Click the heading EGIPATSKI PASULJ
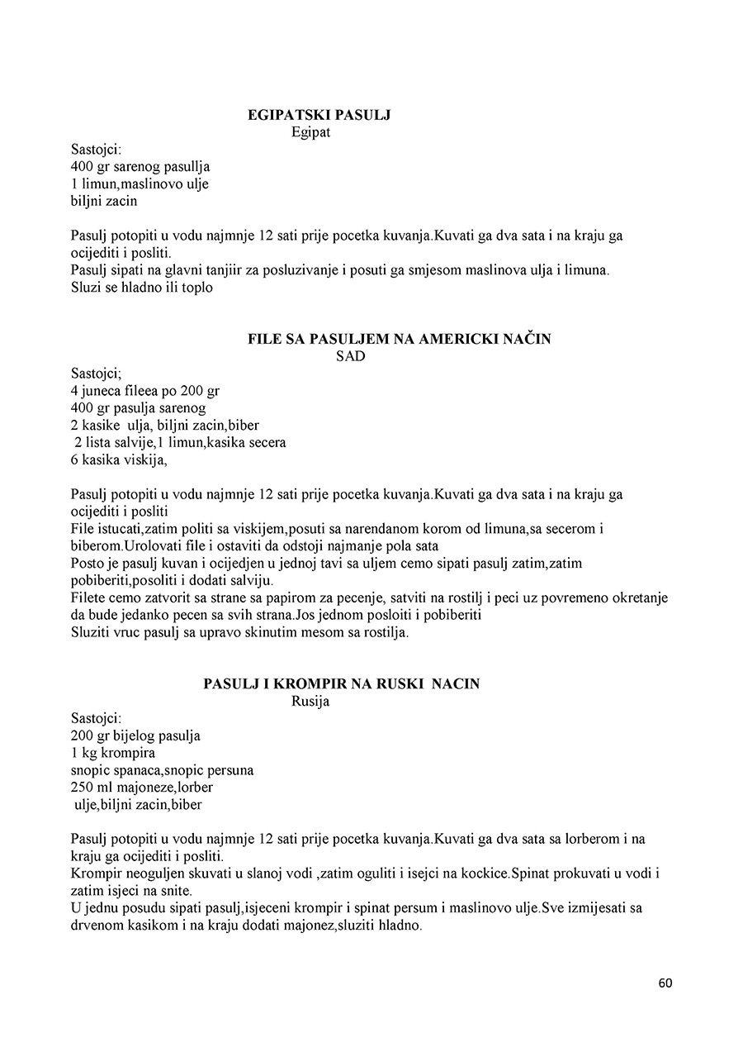coord(319,115)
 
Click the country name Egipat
coord(310,131)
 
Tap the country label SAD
coord(350,356)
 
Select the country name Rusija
coord(310,702)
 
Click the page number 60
coord(666,983)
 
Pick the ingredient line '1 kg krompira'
coord(113,753)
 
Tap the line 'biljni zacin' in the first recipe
coord(104,200)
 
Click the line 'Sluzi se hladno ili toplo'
coord(142,288)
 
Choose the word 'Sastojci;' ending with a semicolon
coord(97,374)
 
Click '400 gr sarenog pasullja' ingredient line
coord(140,166)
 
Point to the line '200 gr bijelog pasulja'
coord(135,735)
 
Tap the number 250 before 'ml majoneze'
coord(83,788)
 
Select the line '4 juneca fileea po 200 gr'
coord(144,391)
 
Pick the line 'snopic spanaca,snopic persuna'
coord(162,770)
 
